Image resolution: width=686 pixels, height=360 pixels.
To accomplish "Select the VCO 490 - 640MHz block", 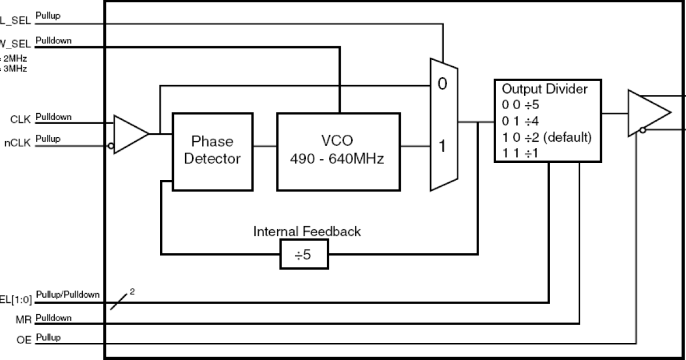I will coord(338,151).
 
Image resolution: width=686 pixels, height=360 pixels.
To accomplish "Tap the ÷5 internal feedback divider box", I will coord(304,254).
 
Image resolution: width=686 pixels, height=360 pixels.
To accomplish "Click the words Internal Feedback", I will coord(307,231).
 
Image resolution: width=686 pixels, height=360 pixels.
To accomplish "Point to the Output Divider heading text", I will coord(544,89).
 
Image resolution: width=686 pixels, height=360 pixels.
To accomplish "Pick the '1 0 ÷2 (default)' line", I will coord(547,138).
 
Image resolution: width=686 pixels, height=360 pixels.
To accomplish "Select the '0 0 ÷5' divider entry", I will coord(521,105).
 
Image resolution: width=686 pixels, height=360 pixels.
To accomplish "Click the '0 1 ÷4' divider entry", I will coord(521,121).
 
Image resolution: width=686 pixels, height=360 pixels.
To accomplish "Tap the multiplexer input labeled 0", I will coord(441,85).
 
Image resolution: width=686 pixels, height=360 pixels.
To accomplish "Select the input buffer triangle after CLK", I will coord(129,134).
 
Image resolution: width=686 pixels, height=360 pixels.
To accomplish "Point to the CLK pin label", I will coord(21,119).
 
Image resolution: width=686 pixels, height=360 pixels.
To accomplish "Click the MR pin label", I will coord(24,320).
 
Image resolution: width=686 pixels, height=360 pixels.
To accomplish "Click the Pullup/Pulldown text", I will coord(67,295).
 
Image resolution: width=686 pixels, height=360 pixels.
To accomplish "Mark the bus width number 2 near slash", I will coord(133,291).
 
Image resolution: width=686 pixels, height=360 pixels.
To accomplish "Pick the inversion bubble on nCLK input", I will coord(111,146).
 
